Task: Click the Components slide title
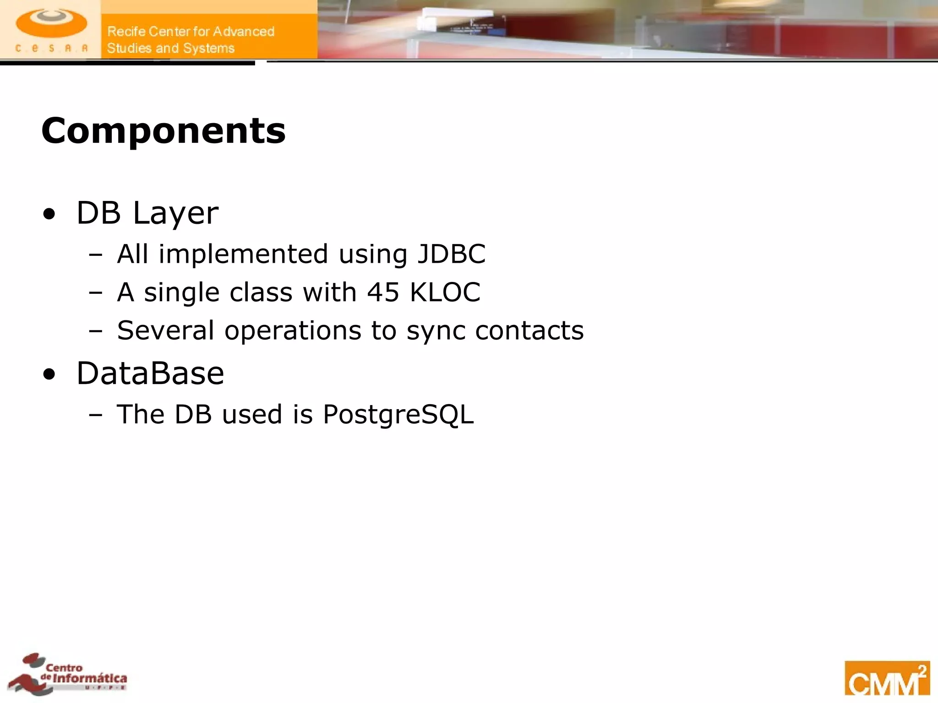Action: click(164, 131)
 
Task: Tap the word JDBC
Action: click(451, 254)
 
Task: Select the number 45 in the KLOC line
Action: click(383, 292)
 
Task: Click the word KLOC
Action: click(445, 292)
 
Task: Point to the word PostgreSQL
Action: click(398, 415)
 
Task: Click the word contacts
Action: click(529, 330)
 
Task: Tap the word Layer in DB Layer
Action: click(176, 214)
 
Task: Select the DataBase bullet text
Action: click(150, 373)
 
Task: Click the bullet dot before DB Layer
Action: click(49, 214)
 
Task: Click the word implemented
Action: click(244, 254)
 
